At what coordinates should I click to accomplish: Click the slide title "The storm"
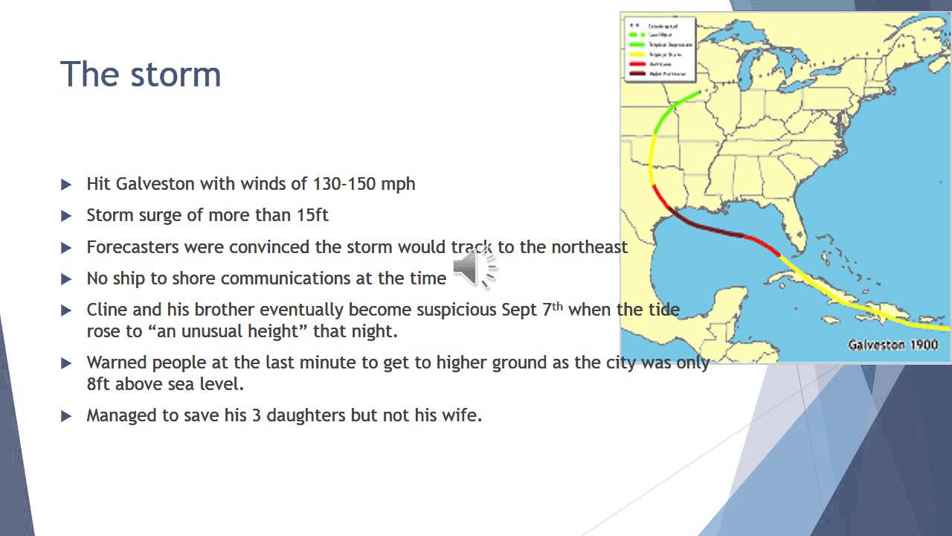pos(141,74)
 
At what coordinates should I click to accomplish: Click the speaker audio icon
pos(474,268)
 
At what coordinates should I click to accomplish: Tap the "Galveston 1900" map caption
pos(892,345)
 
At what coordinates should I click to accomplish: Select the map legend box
pos(659,49)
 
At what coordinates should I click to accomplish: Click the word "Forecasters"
pos(133,247)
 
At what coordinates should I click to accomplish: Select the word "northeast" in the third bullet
pos(589,247)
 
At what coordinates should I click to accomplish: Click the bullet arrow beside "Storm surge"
pos(66,216)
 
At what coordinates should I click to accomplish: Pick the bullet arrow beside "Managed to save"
pos(66,416)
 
